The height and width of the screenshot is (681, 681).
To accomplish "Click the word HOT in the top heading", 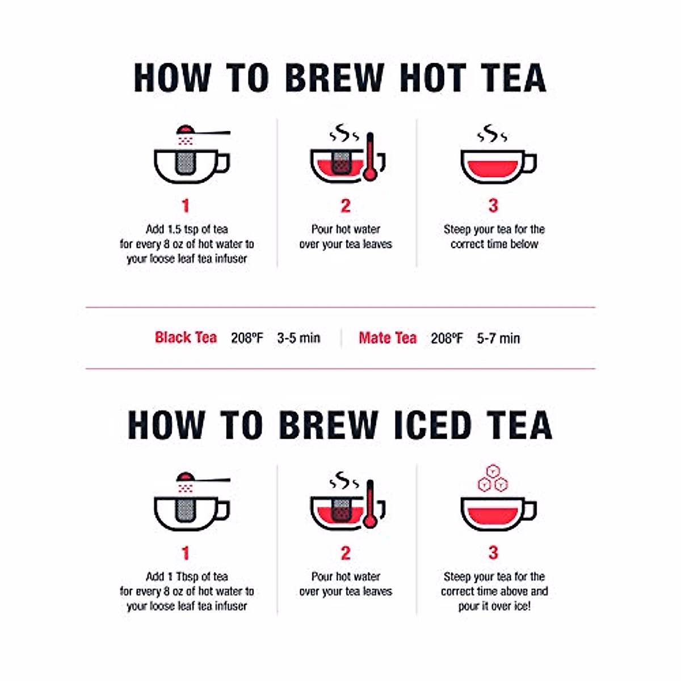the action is [x=432, y=78].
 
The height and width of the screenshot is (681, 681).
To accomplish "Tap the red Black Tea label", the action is [x=186, y=338].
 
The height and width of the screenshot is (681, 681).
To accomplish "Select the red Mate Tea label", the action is [x=388, y=338].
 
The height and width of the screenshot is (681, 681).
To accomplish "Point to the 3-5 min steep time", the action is [x=299, y=338].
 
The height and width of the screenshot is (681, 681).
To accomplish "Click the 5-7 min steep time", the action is [x=498, y=339].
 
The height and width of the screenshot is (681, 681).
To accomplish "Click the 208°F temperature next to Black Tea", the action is [x=247, y=338].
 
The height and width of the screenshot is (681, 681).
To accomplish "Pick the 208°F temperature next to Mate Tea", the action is [x=447, y=339].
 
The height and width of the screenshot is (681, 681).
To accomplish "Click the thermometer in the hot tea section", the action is [x=371, y=158].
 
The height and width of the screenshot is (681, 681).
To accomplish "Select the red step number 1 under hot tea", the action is [x=186, y=206].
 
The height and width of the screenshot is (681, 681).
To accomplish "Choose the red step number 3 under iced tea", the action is [x=493, y=553].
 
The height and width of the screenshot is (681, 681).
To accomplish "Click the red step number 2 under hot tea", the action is [x=346, y=206].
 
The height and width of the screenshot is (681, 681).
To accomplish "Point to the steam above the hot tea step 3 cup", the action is [x=492, y=135].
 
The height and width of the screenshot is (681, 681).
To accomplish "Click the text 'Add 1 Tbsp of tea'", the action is [x=187, y=577].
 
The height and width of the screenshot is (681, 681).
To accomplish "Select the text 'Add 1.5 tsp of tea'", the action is [x=187, y=229].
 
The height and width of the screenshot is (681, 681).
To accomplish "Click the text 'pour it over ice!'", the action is [x=494, y=606].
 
